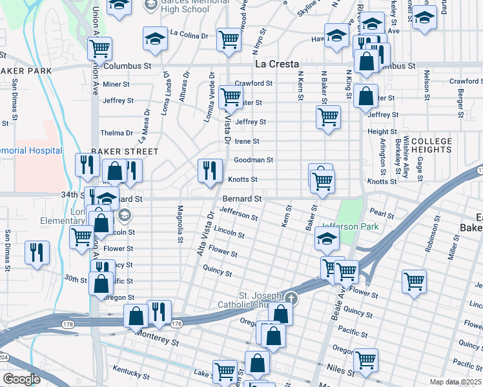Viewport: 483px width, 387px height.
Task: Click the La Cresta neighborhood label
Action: [x=276, y=64]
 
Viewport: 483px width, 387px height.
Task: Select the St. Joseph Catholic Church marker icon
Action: [x=291, y=298]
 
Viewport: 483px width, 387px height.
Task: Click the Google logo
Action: [x=21, y=379]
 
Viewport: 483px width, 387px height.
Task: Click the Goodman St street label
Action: [x=254, y=160]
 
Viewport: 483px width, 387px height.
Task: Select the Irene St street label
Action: [x=247, y=141]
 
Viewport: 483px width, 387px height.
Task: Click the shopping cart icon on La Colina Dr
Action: [x=229, y=39]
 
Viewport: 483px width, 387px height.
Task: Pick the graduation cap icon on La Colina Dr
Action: [x=154, y=39]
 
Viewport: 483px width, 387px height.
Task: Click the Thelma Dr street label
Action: [x=116, y=133]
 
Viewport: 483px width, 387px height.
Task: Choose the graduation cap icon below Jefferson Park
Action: [x=327, y=239]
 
